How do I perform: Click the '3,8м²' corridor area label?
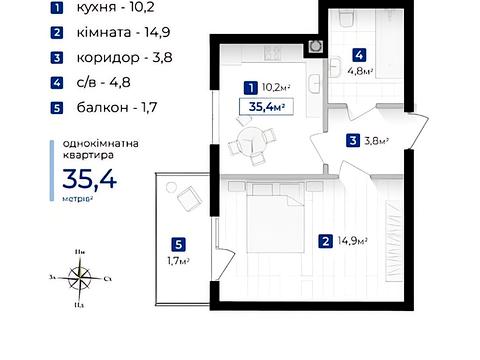point(375,140)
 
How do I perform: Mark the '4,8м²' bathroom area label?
point(362,71)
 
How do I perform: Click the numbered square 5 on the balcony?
point(177,243)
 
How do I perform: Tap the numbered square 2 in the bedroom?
point(326,241)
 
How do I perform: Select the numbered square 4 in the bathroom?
point(358,55)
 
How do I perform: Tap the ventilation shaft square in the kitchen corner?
point(316,46)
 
